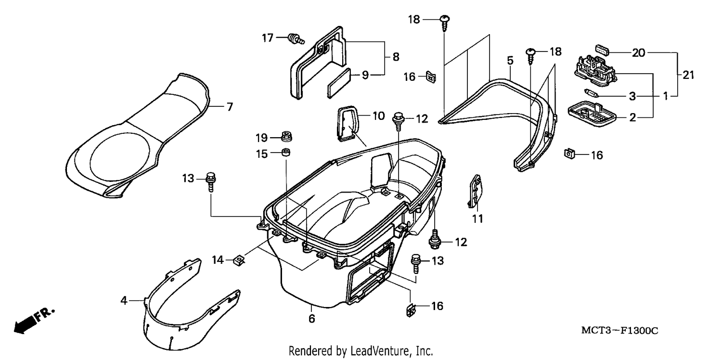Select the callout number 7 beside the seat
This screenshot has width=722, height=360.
pos(230,107)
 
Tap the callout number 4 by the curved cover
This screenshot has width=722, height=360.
pos(124,301)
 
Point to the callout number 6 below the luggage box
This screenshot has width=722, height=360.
pos(311,319)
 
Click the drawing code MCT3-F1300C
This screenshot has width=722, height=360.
pos(620,330)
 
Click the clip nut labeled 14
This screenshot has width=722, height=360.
pos(239,259)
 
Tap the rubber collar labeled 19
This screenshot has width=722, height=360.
pos(286,136)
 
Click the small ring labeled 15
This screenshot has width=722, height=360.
pos(285,152)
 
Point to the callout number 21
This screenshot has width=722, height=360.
pos(688,75)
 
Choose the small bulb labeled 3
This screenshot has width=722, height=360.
pos(592,93)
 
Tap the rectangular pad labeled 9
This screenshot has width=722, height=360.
pos(339,83)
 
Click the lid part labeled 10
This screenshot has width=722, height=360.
pos(347,124)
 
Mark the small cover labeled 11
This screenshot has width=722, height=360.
pos(475,191)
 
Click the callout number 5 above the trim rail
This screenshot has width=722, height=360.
pos(510,60)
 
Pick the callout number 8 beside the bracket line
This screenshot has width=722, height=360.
pos(396,57)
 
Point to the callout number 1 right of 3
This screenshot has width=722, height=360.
pos(665,96)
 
